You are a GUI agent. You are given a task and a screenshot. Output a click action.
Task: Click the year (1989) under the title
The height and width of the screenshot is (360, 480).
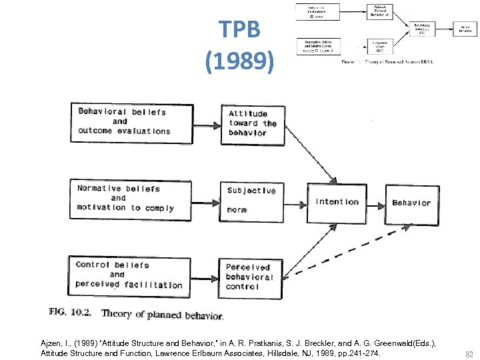(x=239, y=62)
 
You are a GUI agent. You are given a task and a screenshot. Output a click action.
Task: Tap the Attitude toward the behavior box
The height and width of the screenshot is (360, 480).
(x=252, y=123)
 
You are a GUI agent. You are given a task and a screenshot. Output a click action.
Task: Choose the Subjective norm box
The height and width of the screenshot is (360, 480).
(x=252, y=199)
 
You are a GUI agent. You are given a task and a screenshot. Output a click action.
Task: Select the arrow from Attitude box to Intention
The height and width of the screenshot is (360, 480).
(x=310, y=155)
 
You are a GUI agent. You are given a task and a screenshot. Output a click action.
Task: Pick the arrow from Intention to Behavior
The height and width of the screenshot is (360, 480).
(x=377, y=203)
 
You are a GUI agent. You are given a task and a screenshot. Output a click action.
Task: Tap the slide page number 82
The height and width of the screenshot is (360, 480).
(x=469, y=355)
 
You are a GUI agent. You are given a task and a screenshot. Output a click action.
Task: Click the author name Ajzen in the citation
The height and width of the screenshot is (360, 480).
(x=51, y=342)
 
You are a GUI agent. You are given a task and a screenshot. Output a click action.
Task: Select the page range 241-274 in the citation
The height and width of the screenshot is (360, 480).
(x=364, y=353)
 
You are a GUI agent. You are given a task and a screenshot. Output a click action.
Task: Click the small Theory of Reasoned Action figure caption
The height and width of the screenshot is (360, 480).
(x=387, y=61)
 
